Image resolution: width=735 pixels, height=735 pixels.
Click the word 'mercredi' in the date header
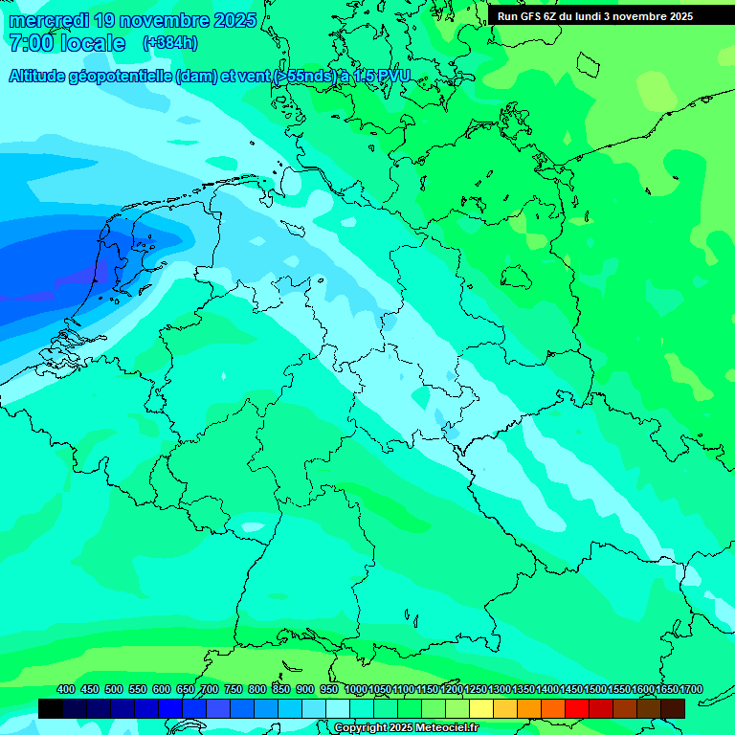pos(49,20)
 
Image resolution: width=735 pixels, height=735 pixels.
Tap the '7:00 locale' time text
pos(66,43)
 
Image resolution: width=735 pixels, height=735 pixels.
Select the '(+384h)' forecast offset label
pos(170,43)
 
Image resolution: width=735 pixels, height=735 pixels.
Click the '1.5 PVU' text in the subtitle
pos(382,77)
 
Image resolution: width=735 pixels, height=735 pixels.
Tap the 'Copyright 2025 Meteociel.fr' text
pos(407,728)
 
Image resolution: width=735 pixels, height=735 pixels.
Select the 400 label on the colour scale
pos(66,689)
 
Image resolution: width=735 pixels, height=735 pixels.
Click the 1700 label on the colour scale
pos(691,689)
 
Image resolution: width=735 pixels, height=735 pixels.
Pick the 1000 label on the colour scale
pos(355,689)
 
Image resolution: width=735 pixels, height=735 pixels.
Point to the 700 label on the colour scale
pos(210,689)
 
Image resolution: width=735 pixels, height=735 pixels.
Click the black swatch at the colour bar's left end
pos(51,708)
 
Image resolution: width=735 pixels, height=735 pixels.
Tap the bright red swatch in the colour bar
pos(577,708)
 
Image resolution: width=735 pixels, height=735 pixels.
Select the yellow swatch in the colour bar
pos(481,708)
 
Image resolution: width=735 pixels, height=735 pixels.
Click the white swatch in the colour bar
pos(338,708)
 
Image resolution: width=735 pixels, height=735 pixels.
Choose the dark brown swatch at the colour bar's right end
pos(673,708)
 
